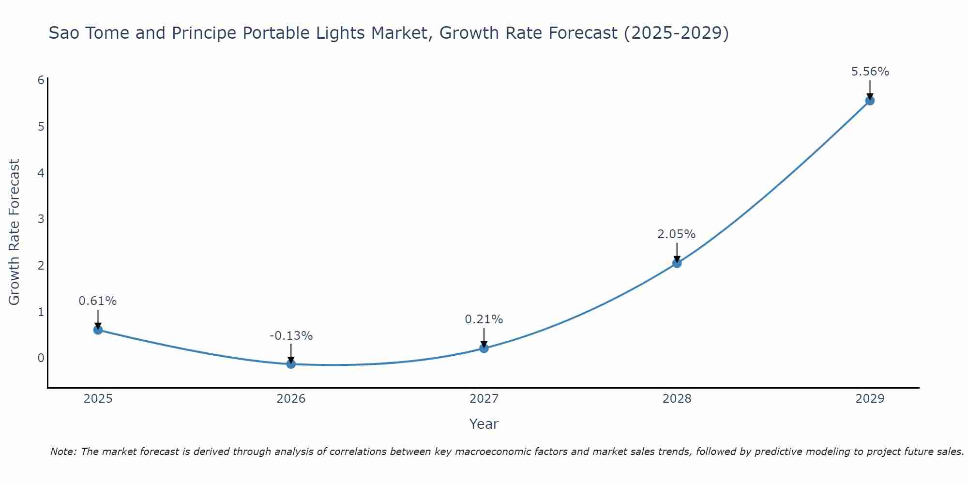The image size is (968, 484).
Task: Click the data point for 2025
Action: [x=98, y=330]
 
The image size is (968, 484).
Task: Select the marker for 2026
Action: [x=291, y=364]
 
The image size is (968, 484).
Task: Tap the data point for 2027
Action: [x=484, y=348]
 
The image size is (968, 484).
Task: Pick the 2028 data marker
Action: [x=677, y=263]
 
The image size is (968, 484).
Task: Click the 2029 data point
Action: [x=870, y=101]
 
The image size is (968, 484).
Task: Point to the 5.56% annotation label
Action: [x=870, y=72]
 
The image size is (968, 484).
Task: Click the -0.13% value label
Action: [x=291, y=335]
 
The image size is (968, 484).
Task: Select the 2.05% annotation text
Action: [x=676, y=234]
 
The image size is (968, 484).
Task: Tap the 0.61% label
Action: [x=98, y=301]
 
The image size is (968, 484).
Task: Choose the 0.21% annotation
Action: [x=484, y=319]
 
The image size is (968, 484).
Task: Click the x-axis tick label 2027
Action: [x=484, y=399]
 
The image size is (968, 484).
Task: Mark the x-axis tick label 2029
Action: [x=870, y=399]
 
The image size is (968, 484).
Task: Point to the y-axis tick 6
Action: [x=41, y=80]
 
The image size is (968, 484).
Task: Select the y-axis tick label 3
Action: [x=41, y=219]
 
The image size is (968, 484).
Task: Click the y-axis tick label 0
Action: [x=41, y=358]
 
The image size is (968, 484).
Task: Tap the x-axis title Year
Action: [x=484, y=424]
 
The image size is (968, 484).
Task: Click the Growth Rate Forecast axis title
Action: [x=15, y=232]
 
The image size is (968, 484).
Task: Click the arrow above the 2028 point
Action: [x=677, y=252]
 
